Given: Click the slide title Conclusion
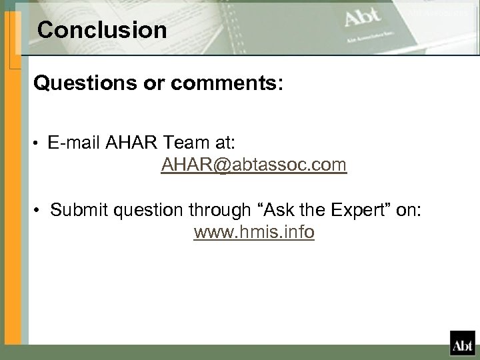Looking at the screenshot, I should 103,30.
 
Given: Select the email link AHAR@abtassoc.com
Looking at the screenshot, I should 253,165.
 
